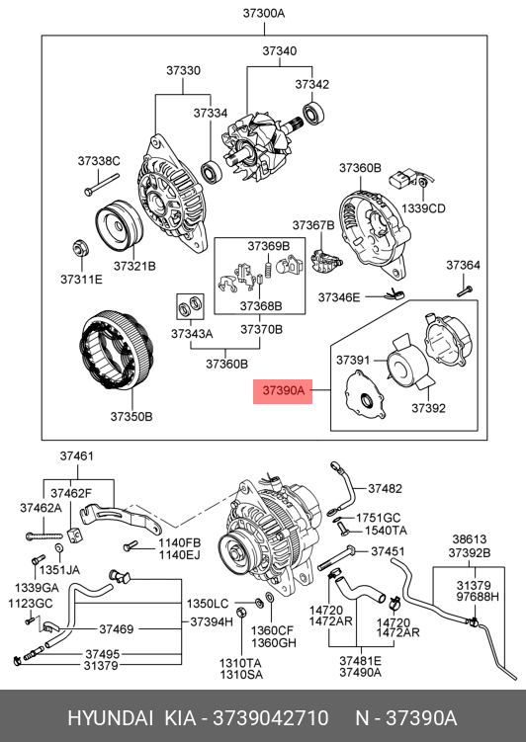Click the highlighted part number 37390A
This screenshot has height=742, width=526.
(283, 391)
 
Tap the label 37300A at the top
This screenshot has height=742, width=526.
(264, 13)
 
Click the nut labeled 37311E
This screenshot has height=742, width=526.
(79, 247)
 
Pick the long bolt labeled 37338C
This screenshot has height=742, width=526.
(101, 184)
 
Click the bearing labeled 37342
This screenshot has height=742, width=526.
(312, 113)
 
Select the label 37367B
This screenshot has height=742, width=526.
(313, 225)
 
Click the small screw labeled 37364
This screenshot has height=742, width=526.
(465, 291)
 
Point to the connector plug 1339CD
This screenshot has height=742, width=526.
(401, 181)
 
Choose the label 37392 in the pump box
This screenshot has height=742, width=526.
(428, 408)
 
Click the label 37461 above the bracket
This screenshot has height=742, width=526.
(77, 455)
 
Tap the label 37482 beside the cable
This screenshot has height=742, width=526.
(385, 488)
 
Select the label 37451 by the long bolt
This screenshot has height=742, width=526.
(388, 551)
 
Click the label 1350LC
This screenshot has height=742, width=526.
(208, 604)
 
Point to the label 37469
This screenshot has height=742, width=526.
(117, 629)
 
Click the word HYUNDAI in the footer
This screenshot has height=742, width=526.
(110, 718)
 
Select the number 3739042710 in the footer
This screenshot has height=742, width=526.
(271, 718)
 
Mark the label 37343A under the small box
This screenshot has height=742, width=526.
(192, 334)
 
